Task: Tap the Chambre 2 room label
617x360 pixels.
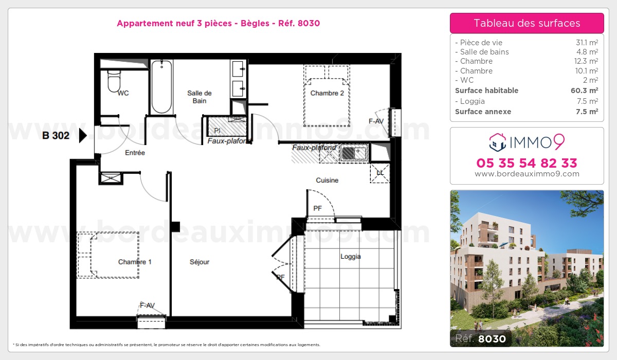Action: pos(327,93)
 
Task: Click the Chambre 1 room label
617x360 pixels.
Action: pos(135,262)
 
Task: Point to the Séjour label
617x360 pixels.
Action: pos(199,262)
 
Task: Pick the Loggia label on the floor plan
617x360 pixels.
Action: pos(350,256)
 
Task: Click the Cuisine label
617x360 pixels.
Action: pos(327,180)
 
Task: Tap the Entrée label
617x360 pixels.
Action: pos(135,153)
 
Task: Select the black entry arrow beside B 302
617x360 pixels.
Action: pos(82,136)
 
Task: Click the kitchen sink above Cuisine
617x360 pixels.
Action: pos(353,153)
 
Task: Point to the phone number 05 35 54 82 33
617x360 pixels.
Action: pos(527,163)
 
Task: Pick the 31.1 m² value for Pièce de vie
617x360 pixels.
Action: pos(587,43)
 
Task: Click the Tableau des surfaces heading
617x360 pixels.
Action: pos(527,23)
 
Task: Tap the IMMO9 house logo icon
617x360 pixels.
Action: pos(497,142)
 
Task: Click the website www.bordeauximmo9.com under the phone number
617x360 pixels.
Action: pos(527,174)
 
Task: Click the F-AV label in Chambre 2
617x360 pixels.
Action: pos(376,121)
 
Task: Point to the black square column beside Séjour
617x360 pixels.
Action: pos(175,226)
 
